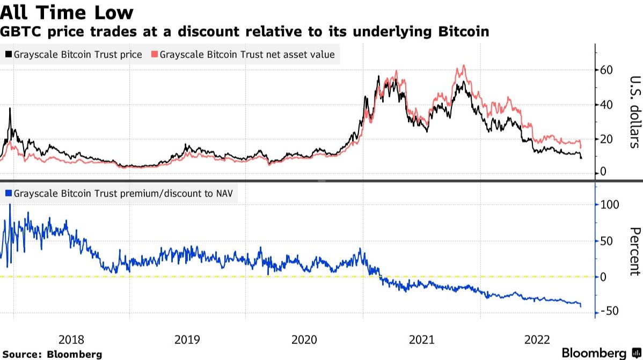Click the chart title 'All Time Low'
coord(67,12)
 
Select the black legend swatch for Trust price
coord(8,55)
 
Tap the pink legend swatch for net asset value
coord(155,55)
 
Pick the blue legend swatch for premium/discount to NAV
coord(8,194)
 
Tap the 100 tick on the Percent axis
coord(609,205)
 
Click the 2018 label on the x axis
coord(71,339)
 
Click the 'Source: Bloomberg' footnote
coord(52,354)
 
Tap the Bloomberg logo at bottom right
coord(600,352)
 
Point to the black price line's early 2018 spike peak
coord(10,109)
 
